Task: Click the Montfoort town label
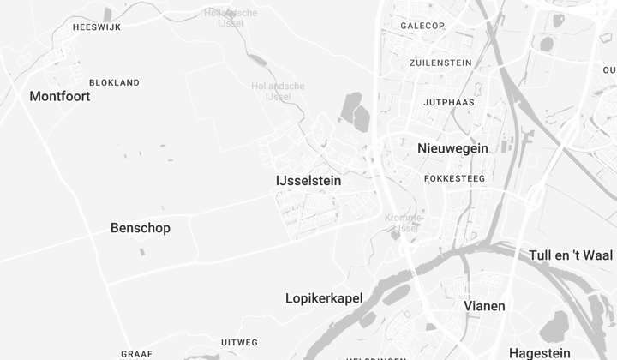coord(60,96)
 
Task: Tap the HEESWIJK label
coord(97,27)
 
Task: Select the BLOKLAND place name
coord(114,83)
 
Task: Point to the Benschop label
coord(141,228)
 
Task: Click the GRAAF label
coord(137,354)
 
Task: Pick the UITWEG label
coord(239,343)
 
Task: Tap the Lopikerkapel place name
coord(324,298)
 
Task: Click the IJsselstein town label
coord(308,181)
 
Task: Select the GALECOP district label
coord(422,26)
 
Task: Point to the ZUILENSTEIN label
coord(441,63)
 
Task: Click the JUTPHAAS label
coord(449,103)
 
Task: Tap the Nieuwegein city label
coord(452,148)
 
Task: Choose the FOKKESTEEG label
coord(455,179)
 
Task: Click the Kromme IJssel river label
coord(403,223)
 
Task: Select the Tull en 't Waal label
coord(571,255)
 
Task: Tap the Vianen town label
coord(484,306)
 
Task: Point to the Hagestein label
coord(540,353)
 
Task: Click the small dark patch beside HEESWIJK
coord(107,15)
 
